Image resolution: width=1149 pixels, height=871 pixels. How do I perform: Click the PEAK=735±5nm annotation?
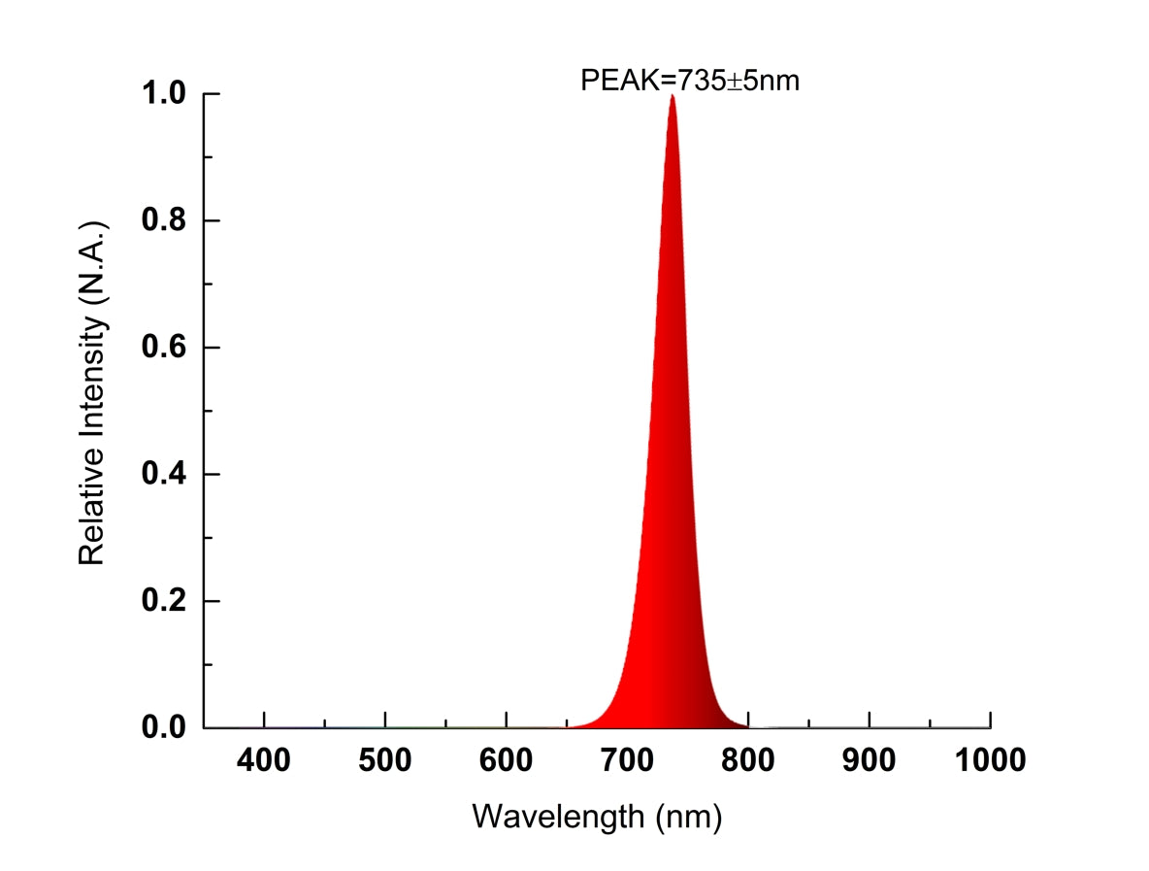pos(689,80)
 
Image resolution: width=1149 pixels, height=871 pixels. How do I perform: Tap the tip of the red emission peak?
pos(672,97)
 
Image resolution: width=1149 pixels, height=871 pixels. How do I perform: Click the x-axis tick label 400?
pos(264,760)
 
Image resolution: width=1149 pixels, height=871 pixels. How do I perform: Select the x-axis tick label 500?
pos(385,760)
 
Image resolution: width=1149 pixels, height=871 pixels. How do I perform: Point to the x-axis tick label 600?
pos(507,760)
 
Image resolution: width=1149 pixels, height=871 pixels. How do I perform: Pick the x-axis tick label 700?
pos(627,760)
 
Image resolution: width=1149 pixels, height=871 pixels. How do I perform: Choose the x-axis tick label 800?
pos(748,760)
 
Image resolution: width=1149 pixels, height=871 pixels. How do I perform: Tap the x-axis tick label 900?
pos(870,760)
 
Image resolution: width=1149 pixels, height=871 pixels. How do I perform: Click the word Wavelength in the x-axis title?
pos(557,817)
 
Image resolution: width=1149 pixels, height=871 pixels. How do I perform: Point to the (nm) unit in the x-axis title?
pos(688,817)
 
